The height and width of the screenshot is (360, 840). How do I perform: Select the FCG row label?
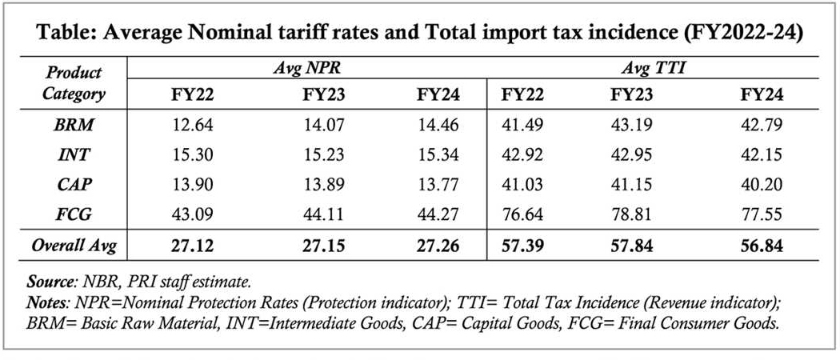pos(72,214)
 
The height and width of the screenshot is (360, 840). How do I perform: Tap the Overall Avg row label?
pos(74,245)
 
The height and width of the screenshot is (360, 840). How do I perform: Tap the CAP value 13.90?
pos(191,184)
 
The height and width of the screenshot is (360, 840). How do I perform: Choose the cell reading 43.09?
pos(191,214)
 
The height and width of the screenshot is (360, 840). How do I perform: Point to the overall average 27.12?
pos(191,245)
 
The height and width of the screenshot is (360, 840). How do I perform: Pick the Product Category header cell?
pos(74,82)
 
